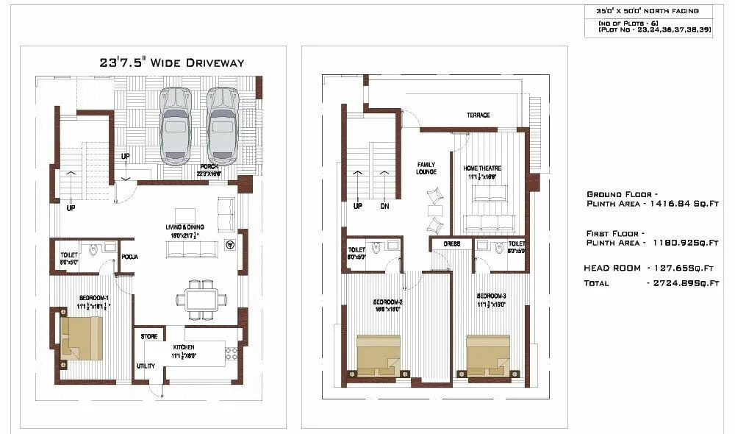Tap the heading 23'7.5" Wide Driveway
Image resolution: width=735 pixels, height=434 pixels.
click(171, 63)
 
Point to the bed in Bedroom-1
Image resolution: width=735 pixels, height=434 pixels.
click(81, 337)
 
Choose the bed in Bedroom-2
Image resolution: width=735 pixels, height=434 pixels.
click(379, 355)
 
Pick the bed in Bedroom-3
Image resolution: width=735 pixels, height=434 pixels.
click(488, 355)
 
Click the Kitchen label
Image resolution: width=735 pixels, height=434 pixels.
click(184, 346)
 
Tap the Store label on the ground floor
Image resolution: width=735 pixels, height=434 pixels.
click(149, 336)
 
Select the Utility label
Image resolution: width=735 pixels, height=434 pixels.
click(146, 366)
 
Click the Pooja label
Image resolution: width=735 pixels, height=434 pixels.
click(130, 257)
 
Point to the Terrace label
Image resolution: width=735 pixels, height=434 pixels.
click(478, 115)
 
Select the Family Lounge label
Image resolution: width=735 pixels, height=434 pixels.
click(426, 168)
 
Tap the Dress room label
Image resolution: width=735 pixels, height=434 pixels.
click(451, 243)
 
